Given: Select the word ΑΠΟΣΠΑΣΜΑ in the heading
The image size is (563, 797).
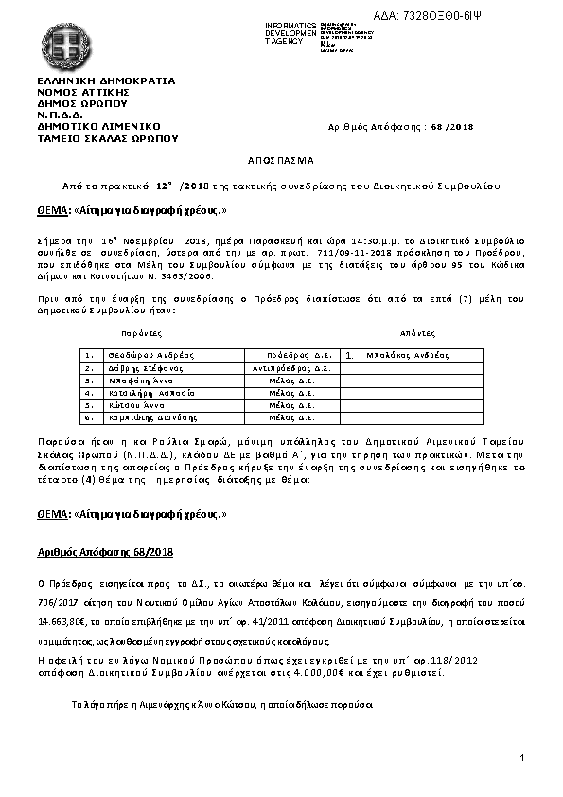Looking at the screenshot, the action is tap(282, 160).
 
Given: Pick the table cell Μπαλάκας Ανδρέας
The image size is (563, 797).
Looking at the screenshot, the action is tap(408, 355).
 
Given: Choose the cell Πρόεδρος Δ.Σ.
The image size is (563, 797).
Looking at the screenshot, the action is tap(298, 355).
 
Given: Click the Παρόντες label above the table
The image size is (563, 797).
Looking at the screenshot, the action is tap(142, 334).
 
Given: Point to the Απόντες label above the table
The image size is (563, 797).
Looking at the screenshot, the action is tap(417, 334).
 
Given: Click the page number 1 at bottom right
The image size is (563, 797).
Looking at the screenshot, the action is tap(521, 759).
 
